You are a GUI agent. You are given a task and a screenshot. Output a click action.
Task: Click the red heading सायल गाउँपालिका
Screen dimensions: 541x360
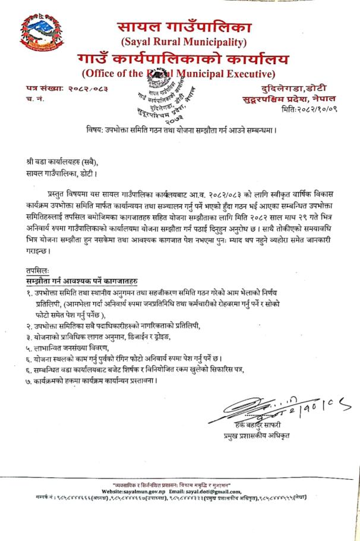click(184, 27)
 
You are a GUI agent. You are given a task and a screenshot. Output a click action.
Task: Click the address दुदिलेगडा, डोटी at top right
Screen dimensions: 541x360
click(285, 88)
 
